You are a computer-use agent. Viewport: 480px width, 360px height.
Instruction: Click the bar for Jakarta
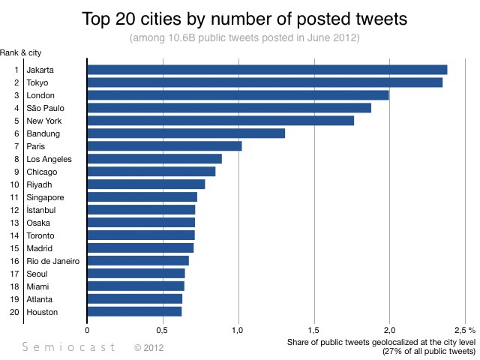[x=267, y=70]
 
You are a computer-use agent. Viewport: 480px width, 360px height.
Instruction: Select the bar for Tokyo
[x=265, y=82]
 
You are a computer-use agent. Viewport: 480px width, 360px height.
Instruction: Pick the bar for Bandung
[x=186, y=133]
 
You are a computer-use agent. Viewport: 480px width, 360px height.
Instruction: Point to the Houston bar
[x=134, y=312]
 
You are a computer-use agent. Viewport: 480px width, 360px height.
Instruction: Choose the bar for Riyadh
[x=145, y=184]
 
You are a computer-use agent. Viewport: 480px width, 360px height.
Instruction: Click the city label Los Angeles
[x=49, y=159]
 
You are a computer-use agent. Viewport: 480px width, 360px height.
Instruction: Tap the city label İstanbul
[x=41, y=210]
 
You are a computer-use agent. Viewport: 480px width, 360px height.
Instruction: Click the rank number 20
[x=14, y=312]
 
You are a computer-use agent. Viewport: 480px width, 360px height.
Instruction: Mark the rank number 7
[x=16, y=146]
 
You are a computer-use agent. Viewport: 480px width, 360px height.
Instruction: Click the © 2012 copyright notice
[x=148, y=347]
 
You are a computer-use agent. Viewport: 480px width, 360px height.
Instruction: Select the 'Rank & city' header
[x=19, y=52]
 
